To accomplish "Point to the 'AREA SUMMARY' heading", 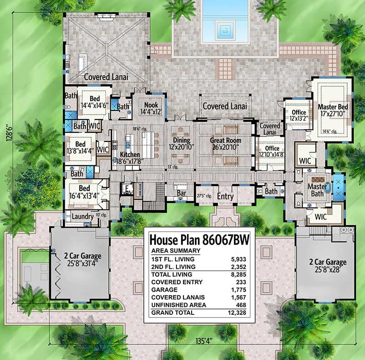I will coord(176,250).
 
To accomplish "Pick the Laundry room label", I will coord(83,217).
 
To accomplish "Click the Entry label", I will coord(225,197).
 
